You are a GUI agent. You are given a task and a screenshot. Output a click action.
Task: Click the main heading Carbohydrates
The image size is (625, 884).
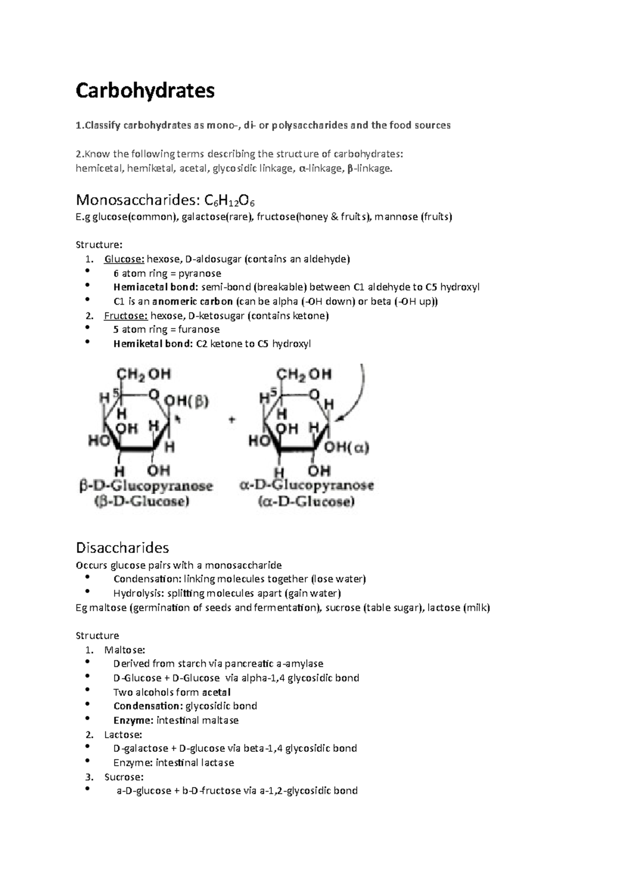point(145,91)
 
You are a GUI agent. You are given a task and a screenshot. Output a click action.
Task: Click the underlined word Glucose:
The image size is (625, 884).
point(124,259)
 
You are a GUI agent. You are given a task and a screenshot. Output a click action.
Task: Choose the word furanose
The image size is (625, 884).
point(199,330)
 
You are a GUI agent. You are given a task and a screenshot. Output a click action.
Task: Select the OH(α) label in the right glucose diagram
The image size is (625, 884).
point(346,447)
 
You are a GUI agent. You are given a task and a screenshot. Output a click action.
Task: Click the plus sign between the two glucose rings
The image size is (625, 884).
point(233,420)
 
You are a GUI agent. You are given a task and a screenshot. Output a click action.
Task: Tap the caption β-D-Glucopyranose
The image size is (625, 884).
point(146,486)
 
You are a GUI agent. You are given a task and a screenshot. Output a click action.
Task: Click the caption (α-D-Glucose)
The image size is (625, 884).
point(307,502)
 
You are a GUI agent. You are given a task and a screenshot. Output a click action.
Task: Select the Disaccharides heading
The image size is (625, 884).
point(122,548)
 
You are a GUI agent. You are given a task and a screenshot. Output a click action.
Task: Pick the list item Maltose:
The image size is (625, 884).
point(124,650)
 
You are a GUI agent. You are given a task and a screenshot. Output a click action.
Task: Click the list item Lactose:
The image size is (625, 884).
point(123,735)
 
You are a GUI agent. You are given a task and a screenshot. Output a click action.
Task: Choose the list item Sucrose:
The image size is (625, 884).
point(123,777)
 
